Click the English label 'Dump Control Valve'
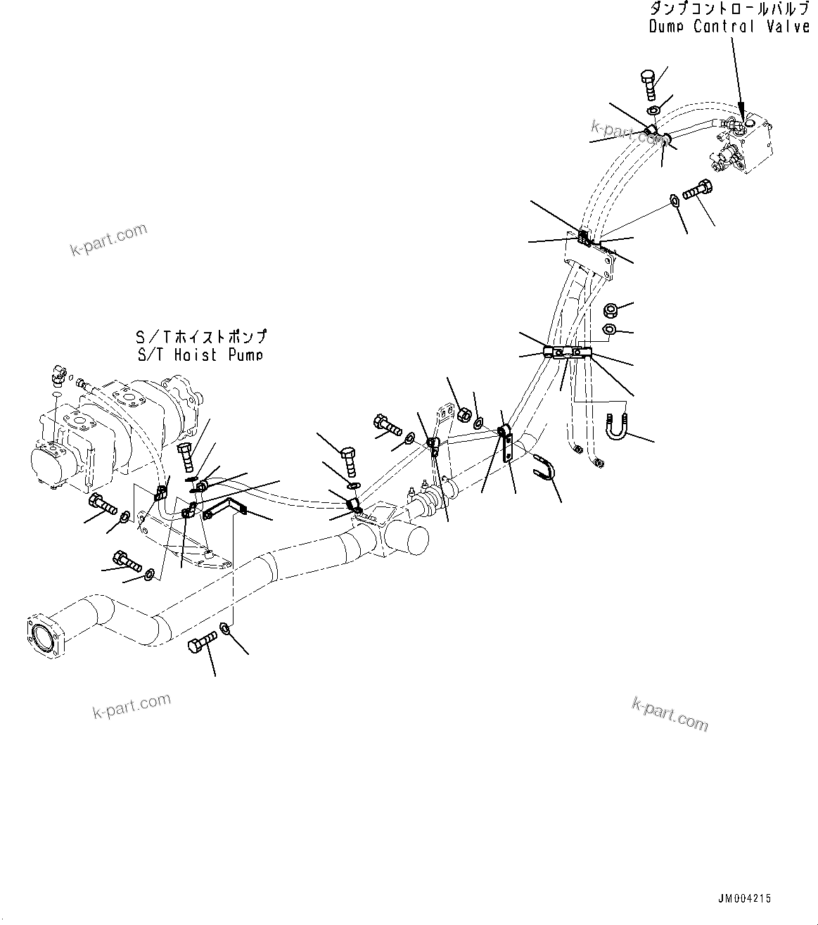tap(728, 27)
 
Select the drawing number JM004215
tap(744, 898)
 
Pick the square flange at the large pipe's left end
tap(47, 637)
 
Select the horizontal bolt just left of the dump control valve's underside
tap(697, 189)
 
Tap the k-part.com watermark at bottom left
tap(132, 706)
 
